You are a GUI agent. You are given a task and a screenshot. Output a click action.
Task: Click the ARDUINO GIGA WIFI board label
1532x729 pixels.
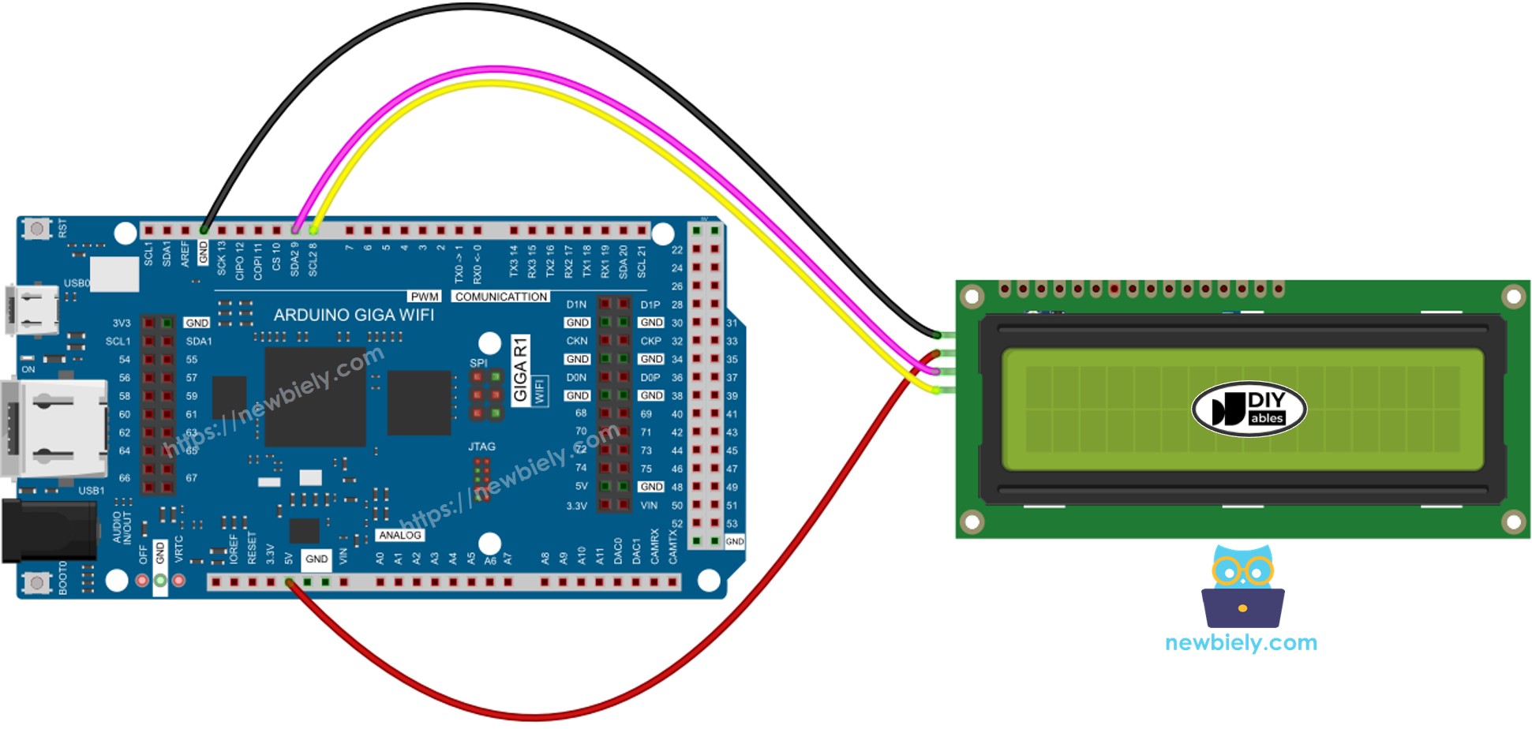[354, 315]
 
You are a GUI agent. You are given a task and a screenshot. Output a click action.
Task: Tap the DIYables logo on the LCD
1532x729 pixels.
[1249, 409]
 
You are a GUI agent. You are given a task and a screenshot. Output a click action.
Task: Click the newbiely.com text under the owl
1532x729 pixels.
[1241, 643]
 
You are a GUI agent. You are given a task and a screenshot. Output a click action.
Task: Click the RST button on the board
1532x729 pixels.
[36, 229]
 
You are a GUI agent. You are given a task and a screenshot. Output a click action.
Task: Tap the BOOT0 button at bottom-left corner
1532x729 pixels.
[36, 582]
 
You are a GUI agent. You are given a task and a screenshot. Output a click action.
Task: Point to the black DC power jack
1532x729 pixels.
[47, 530]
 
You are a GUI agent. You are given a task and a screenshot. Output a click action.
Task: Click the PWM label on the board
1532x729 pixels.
[425, 297]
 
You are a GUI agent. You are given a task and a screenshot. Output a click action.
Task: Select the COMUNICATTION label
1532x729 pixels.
[501, 297]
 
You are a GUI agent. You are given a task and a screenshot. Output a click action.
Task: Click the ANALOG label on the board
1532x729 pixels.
[399, 535]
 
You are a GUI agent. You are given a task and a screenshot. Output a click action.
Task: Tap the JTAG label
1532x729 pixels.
[481, 447]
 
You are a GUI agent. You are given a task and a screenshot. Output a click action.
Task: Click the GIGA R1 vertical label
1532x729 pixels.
[520, 370]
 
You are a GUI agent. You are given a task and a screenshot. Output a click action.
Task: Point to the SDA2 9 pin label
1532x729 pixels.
[294, 258]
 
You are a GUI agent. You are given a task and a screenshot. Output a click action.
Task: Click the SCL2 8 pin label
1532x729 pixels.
[313, 259]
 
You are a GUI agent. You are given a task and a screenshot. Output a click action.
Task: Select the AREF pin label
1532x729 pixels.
[185, 254]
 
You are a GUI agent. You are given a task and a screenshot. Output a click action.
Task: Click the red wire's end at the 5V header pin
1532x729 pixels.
[290, 582]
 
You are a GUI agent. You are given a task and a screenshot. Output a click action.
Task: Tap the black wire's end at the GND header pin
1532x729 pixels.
[204, 230]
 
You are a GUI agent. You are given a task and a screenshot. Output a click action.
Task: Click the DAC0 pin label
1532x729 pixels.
[618, 551]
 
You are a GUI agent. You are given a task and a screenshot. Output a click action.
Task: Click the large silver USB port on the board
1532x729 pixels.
[54, 428]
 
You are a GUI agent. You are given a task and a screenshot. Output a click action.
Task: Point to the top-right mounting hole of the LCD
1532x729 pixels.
[1513, 297]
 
